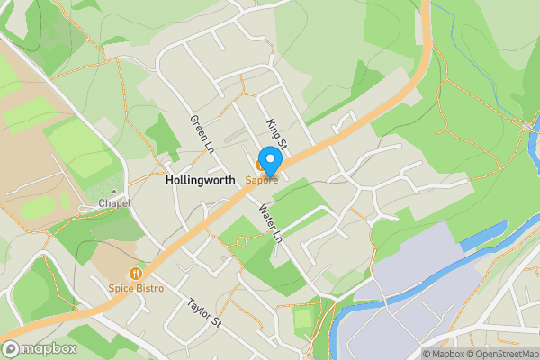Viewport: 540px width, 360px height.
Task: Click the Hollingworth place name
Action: (x=201, y=180)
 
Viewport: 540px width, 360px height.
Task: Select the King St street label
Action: (x=275, y=132)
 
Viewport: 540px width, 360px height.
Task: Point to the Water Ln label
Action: (x=270, y=223)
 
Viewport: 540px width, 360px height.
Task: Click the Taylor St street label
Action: (x=204, y=312)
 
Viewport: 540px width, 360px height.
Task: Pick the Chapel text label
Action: (x=115, y=203)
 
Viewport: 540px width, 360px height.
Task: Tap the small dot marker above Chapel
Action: (x=114, y=192)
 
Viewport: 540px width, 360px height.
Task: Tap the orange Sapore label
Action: (x=262, y=180)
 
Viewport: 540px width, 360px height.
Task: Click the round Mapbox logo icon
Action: (x=11, y=349)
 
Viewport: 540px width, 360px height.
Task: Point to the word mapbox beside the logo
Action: (x=49, y=349)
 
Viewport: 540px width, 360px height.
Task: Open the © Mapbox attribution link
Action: (x=442, y=354)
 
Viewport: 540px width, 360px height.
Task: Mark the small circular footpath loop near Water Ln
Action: (x=241, y=240)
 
